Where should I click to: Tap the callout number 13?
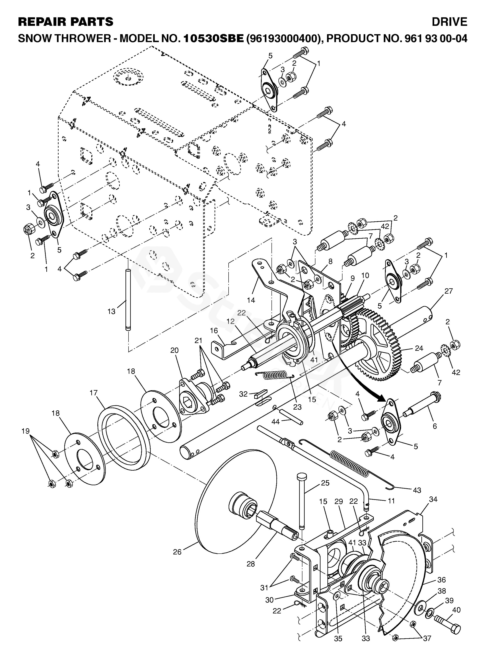coord(111,312)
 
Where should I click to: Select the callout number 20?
coord(174,350)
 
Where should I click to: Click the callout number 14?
coord(251,300)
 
